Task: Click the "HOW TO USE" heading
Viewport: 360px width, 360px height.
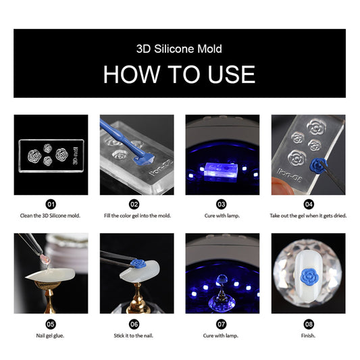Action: [179, 74]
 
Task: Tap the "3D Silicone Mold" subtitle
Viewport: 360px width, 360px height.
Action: [179, 49]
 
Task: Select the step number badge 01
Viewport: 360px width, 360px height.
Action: [51, 204]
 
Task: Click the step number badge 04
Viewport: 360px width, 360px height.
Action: [309, 204]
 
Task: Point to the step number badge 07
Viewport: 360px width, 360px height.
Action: [222, 324]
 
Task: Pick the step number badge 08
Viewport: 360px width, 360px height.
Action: [309, 324]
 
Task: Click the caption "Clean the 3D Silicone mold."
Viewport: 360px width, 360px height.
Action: [50, 215]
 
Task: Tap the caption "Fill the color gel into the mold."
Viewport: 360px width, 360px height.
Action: [138, 215]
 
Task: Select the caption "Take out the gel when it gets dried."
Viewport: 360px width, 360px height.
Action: [308, 215]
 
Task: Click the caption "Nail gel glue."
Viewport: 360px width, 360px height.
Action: [50, 336]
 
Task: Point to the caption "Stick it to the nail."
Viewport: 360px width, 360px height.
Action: [133, 336]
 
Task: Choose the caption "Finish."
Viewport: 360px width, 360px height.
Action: [308, 336]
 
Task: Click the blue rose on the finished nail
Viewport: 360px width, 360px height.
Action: [309, 277]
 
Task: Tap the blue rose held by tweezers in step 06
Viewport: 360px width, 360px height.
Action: [138, 263]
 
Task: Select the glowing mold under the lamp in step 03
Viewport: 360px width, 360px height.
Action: [220, 172]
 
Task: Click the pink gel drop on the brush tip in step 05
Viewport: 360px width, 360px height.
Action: [44, 259]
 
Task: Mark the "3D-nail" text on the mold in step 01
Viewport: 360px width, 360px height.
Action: [76, 155]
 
